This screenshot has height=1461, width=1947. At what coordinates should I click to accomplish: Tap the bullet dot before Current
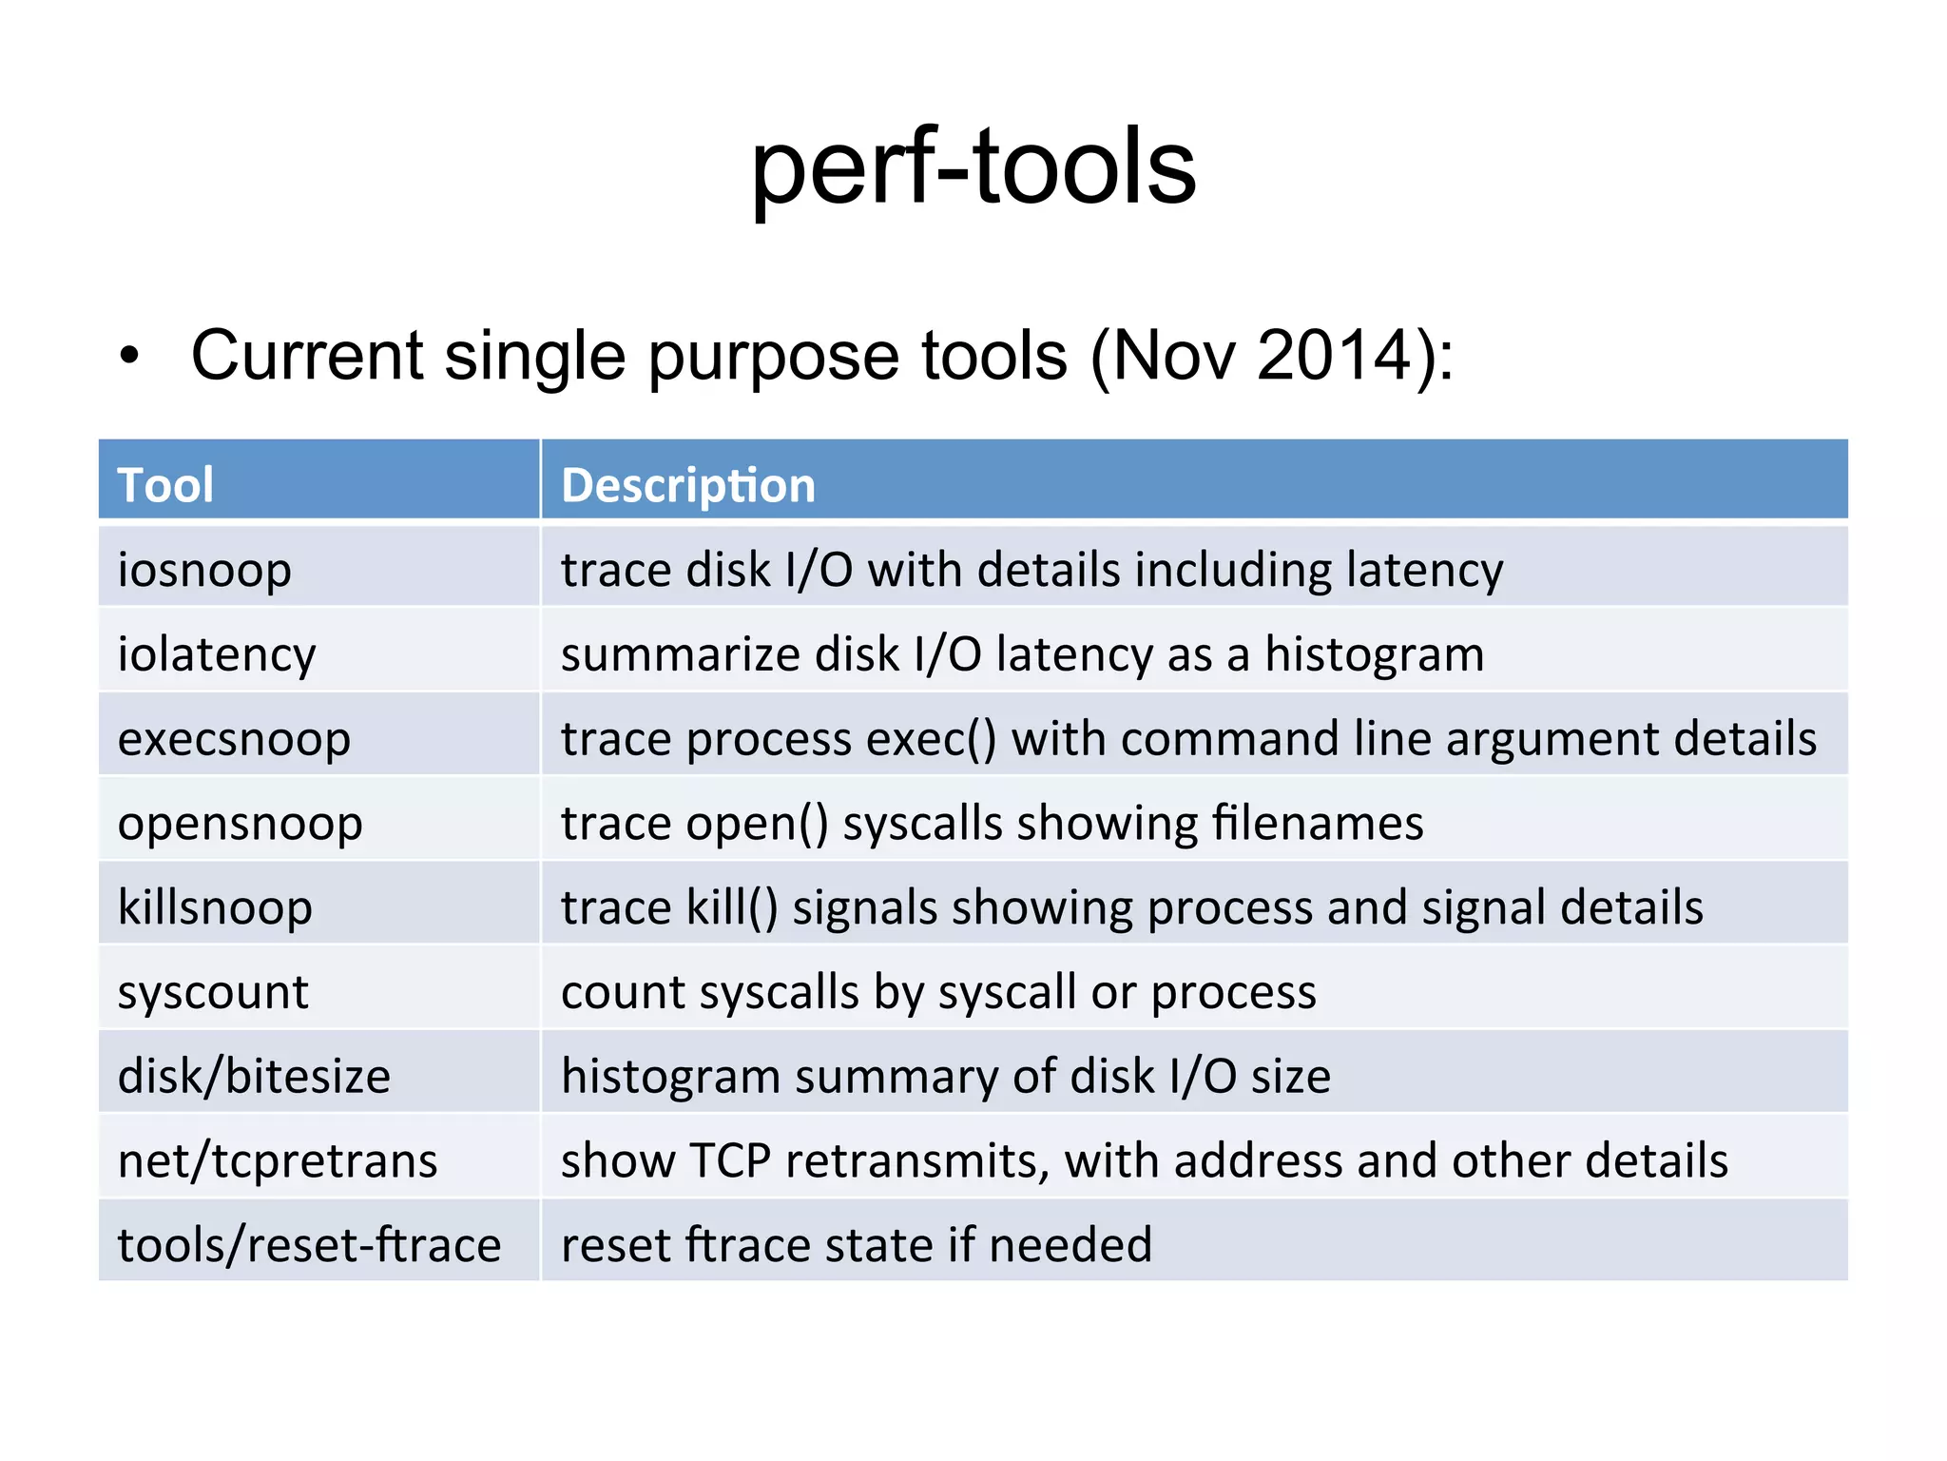[129, 356]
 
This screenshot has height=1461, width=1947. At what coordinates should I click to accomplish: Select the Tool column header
[165, 485]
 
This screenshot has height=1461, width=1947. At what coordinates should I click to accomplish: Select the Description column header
[688, 485]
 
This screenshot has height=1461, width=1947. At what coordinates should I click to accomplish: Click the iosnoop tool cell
[204, 570]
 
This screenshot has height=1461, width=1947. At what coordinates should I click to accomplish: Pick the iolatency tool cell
[217, 654]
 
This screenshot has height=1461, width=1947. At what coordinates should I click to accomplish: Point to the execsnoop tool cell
[234, 739]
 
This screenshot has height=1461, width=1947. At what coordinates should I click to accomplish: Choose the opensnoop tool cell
[240, 823]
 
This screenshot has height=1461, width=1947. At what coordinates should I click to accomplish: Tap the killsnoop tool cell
[215, 907]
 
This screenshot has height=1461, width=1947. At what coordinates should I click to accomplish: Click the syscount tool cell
[213, 992]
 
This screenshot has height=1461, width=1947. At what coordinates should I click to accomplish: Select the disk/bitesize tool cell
[254, 1076]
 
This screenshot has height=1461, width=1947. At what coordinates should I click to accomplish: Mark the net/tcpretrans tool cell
[278, 1160]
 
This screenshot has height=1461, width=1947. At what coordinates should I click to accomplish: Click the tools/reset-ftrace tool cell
[309, 1245]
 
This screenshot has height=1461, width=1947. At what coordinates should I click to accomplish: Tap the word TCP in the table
[730, 1161]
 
